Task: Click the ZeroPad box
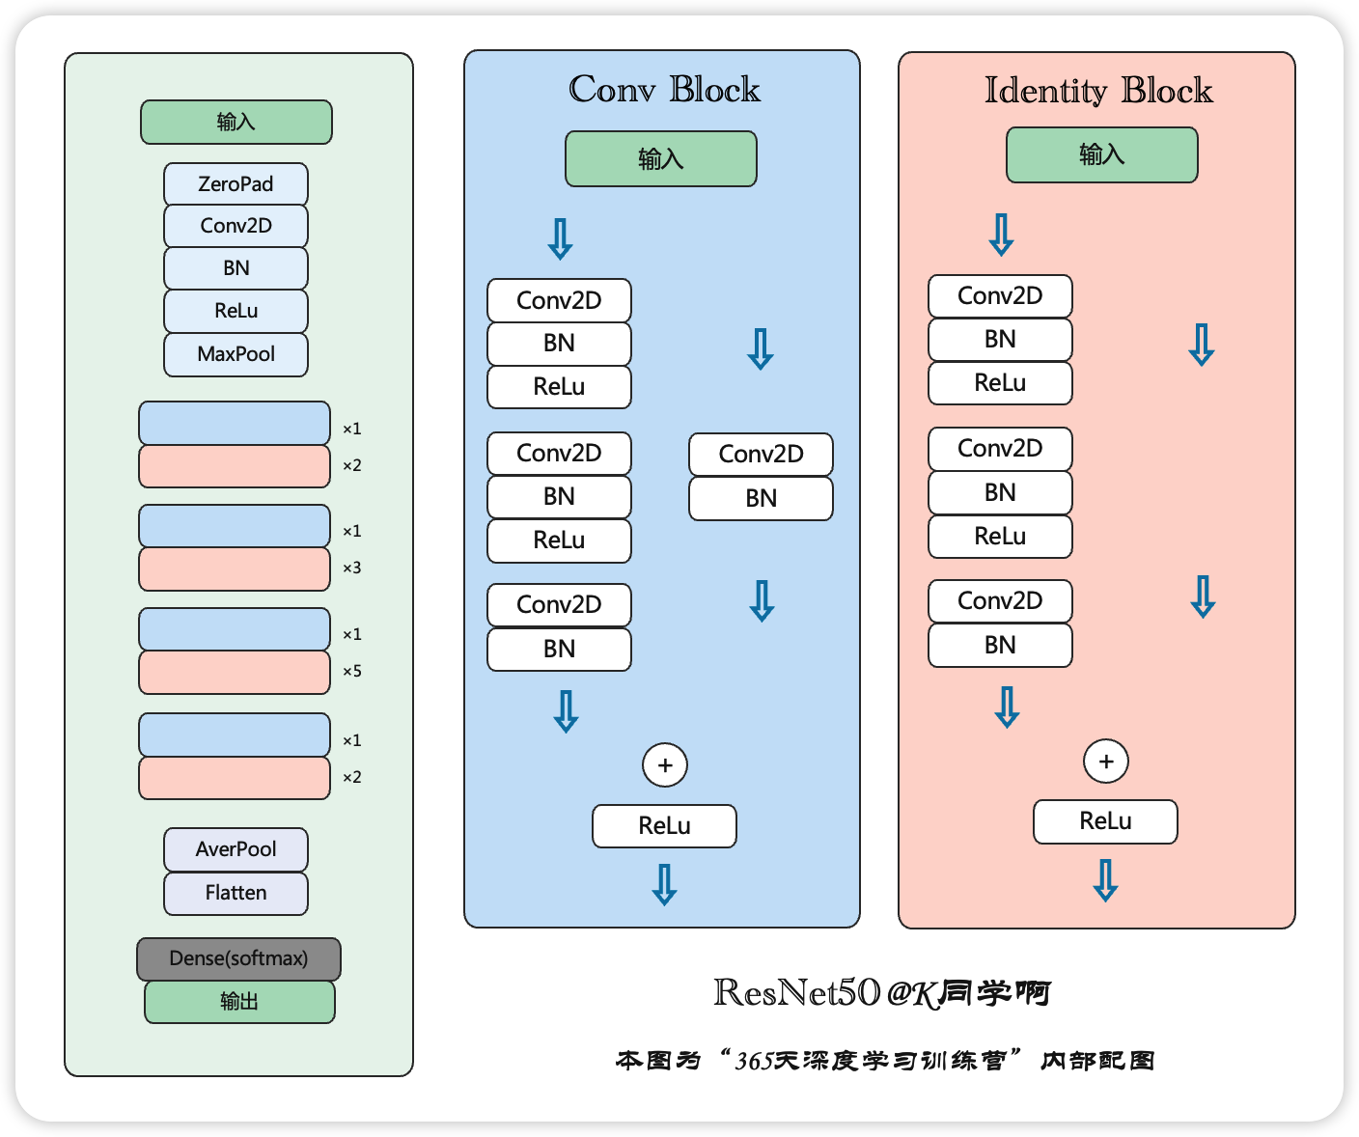point(236,184)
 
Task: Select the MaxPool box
point(236,354)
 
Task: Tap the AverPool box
point(236,849)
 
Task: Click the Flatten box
point(236,893)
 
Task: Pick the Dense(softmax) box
point(238,958)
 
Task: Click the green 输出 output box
point(239,1002)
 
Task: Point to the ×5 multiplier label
point(352,671)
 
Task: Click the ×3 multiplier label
point(352,568)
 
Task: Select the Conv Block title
point(664,89)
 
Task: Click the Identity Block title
point(1098,91)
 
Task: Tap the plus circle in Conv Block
point(664,764)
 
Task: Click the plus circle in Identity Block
point(1106,761)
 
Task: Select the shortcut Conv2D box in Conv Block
point(761,455)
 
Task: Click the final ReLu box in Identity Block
point(1105,821)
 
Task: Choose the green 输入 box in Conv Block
point(660,159)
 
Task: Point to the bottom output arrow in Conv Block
point(664,885)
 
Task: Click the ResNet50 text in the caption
point(796,992)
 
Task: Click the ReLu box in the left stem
point(236,311)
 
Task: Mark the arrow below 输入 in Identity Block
point(1001,235)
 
